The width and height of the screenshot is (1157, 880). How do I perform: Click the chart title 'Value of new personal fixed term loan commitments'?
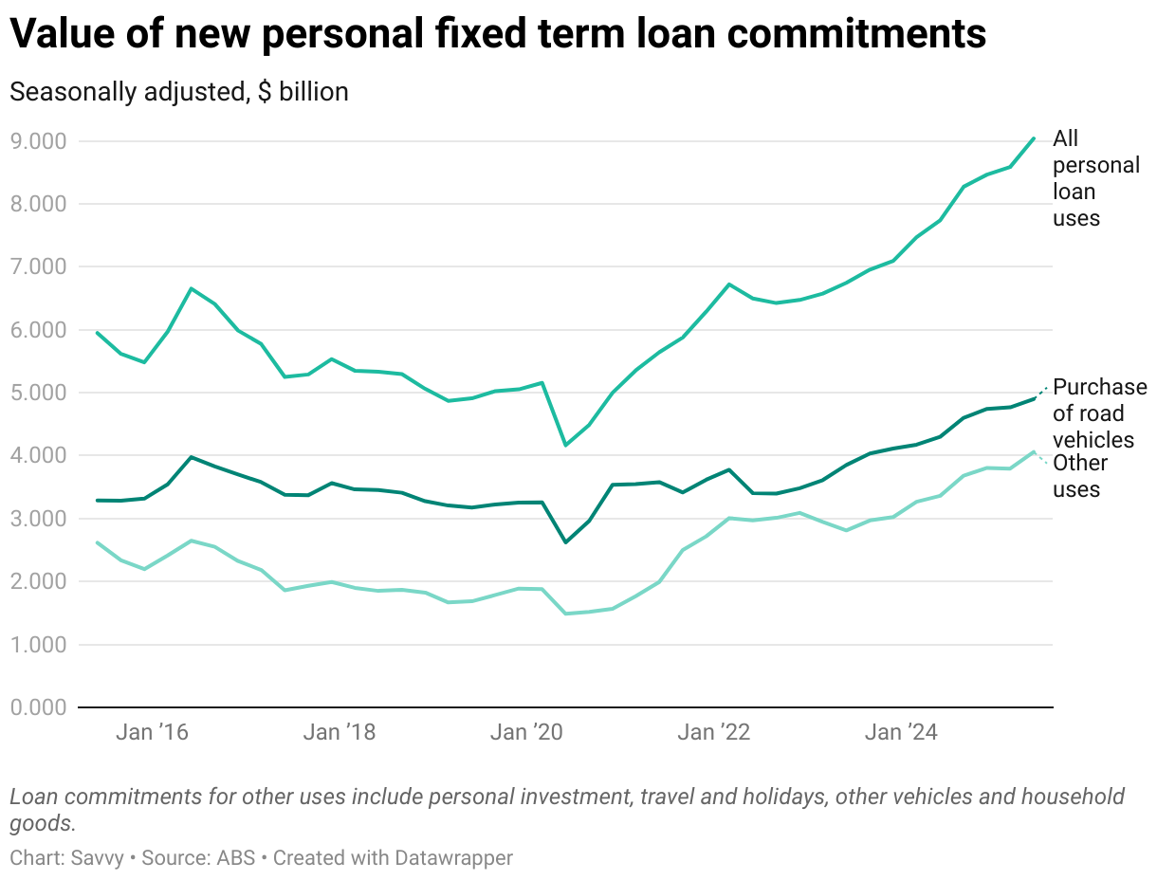498,35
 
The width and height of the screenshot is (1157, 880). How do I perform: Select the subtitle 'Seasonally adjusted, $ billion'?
179,92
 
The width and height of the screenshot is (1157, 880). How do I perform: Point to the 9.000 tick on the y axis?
39,141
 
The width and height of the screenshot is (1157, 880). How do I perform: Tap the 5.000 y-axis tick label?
39,393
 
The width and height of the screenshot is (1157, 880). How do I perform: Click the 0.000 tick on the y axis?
39,707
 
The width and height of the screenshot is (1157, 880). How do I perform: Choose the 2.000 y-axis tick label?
39,581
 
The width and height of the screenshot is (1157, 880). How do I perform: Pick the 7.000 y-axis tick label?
39,266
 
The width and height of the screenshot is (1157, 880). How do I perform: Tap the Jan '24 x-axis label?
902,733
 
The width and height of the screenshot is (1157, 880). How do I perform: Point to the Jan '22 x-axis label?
715,733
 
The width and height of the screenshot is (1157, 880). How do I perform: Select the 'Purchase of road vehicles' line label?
1100,413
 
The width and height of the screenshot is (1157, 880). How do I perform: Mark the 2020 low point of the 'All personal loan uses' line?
566,445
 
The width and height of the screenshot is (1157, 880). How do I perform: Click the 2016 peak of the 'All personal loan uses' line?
192,288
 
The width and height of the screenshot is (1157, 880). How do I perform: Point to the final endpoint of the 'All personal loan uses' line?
1034,138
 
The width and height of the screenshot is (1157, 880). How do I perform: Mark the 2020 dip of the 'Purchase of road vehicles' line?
566,542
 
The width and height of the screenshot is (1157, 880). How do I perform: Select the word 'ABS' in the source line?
245,858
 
